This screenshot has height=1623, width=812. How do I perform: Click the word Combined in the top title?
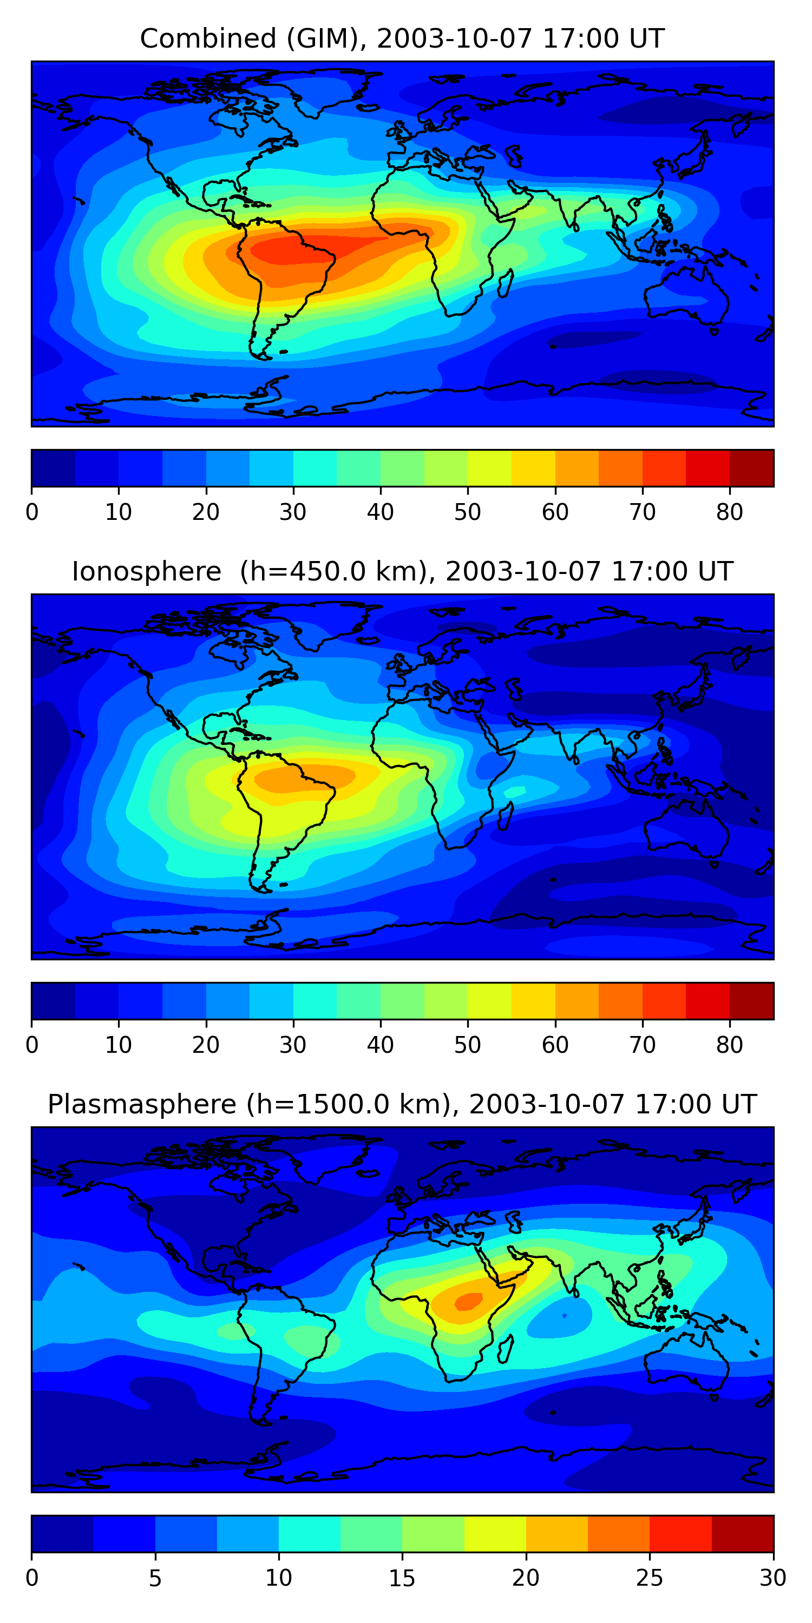coord(208,38)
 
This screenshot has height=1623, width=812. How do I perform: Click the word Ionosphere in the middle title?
coord(146,571)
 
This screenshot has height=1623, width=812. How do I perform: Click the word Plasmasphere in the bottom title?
coord(142,1105)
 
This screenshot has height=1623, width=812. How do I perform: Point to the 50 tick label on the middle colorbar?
coord(467,1045)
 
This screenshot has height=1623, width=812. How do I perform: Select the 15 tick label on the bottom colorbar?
coord(402,1578)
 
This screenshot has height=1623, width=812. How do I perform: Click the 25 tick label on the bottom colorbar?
coord(650,1578)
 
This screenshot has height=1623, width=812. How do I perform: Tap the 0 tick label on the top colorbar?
coord(32,512)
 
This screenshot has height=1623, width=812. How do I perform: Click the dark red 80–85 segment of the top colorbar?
coord(751,468)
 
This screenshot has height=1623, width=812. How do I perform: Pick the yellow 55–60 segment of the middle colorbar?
coord(533,1001)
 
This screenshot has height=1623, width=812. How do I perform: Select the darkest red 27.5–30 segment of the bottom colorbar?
coord(743,1534)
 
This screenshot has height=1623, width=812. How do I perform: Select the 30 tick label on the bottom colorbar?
coord(773,1578)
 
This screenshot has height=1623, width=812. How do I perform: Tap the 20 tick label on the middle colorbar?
coord(206,1045)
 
